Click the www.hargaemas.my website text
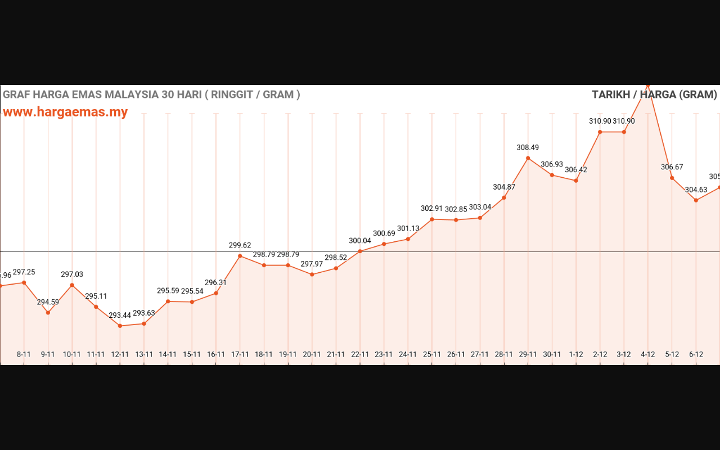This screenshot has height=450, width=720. click(x=65, y=112)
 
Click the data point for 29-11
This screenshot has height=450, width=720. click(x=528, y=158)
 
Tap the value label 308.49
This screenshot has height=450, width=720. click(x=528, y=147)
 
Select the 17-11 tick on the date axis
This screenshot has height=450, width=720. click(x=240, y=354)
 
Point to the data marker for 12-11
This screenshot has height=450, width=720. click(x=120, y=326)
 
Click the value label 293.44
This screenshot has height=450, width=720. click(x=120, y=315)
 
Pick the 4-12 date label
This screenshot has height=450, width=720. click(x=648, y=354)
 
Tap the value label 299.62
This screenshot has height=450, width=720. click(x=240, y=245)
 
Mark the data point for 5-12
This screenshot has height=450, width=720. click(x=672, y=178)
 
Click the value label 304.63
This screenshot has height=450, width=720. click(x=696, y=190)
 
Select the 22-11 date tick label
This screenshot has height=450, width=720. click(x=360, y=354)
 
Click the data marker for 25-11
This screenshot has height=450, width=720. click(x=432, y=219)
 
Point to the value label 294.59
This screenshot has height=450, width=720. click(x=48, y=302)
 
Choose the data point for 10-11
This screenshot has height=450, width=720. click(x=72, y=285)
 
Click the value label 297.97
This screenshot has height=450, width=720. click(x=312, y=264)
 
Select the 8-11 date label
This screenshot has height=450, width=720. click(x=24, y=354)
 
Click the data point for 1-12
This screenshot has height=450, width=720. click(x=576, y=181)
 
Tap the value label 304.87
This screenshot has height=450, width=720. click(x=504, y=187)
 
